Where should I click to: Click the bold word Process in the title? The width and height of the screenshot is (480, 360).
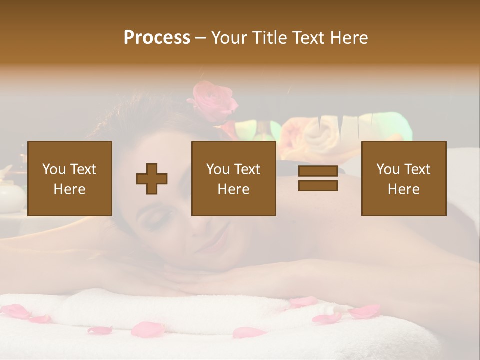(157, 38)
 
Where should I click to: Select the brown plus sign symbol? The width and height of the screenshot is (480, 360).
(152, 178)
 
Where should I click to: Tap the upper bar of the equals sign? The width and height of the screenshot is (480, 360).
(318, 171)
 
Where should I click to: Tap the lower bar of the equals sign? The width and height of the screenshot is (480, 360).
(318, 186)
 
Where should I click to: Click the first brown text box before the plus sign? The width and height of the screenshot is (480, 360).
(70, 178)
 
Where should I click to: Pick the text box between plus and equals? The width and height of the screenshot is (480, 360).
(233, 178)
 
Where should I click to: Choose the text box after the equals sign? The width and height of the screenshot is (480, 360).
(403, 178)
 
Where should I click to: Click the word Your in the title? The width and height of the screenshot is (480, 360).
(230, 38)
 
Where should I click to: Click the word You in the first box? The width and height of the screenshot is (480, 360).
(53, 169)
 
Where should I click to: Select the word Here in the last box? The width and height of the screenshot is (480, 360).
(403, 189)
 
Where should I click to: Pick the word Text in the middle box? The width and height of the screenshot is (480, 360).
(247, 169)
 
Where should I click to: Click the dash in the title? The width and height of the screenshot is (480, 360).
(201, 38)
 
